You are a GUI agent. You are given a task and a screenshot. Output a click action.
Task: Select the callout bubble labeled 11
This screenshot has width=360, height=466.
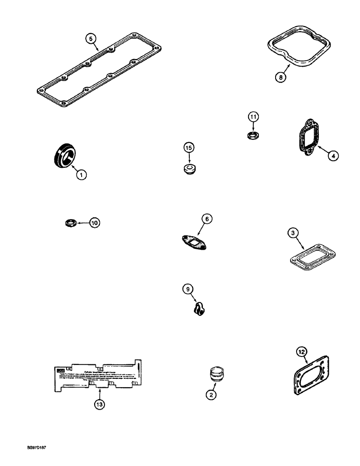coord(252,117)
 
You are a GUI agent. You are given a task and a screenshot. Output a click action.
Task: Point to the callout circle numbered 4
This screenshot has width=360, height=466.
coord(332,156)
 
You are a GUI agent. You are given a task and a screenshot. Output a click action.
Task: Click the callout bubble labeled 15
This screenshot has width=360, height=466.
coord(188,148)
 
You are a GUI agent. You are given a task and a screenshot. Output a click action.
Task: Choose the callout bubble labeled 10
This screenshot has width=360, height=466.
coord(94,223)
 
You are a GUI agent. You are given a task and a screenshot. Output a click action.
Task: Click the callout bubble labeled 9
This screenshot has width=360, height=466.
coord(187,290)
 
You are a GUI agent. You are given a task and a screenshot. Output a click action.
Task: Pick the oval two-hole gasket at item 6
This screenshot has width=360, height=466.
coord(195,242)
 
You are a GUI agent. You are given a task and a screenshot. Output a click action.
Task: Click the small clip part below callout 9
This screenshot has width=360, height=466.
coord(200,309)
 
